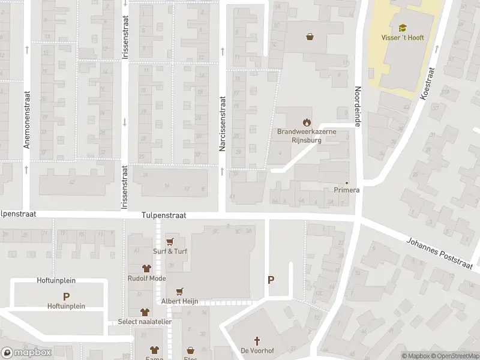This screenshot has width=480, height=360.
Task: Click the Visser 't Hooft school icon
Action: pos(403,28)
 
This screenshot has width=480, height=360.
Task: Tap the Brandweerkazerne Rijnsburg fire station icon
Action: pos(307,122)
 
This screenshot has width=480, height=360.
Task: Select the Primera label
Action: pos(346,190)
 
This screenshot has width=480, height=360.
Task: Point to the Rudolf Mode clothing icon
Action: pos(146,269)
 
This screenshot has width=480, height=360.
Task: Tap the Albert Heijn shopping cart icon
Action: pos(178,291)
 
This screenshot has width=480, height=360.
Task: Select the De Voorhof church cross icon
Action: pos(253,340)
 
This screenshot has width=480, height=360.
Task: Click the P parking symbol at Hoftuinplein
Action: pos(67,296)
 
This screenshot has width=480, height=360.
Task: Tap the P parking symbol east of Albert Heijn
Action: pos(271,280)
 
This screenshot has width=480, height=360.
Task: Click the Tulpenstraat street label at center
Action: pos(164,215)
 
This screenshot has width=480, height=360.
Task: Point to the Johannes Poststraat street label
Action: pos(440,253)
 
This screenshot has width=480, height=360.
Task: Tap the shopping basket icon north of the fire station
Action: pos(310,37)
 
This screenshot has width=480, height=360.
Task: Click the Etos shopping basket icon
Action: pos(191,350)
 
